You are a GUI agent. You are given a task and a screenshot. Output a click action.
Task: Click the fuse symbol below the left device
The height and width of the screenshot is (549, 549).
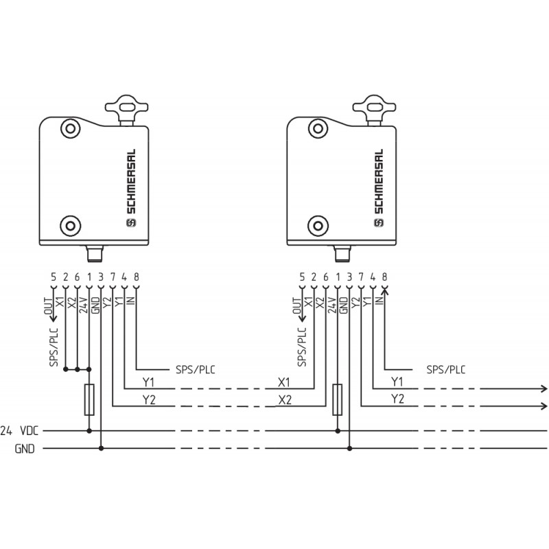pos(89,399)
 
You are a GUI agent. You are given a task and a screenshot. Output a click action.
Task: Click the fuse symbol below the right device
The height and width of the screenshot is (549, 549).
pos(337,399)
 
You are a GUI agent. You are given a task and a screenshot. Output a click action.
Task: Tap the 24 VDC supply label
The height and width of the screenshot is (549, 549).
pos(19,431)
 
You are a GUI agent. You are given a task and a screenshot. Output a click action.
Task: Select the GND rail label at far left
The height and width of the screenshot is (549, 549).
pos(25,449)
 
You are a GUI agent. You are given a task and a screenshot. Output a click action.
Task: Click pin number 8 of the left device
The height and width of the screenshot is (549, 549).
pos(136,277)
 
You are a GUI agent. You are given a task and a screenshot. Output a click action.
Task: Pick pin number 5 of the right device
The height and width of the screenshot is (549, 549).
pos(302,277)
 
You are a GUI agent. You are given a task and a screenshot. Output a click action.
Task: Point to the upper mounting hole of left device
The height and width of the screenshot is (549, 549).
pos(71,128)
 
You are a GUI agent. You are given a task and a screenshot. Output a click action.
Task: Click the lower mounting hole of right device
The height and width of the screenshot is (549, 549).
pos(318,226)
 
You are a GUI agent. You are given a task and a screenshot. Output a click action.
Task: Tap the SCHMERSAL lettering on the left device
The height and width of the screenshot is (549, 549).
pos(130,181)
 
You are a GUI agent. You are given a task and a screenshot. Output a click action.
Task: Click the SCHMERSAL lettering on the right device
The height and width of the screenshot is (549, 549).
pos(379,181)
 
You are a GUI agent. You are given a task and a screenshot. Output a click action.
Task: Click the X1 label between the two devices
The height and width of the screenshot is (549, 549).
pos(284,382)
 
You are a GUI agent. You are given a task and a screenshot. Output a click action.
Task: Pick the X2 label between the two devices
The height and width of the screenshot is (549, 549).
pos(285,400)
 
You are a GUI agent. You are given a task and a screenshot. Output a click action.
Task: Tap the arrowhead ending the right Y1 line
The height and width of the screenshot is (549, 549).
pos(544,388)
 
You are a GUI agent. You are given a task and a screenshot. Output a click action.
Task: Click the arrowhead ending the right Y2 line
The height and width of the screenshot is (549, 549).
pos(544,406)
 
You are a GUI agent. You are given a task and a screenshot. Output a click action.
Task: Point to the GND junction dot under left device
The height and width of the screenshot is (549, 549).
pos(101,448)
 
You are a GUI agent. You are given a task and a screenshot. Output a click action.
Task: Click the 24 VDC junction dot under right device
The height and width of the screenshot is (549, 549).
pos(338,431)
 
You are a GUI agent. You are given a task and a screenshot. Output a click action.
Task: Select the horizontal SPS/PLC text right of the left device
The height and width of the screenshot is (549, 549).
pos(196,370)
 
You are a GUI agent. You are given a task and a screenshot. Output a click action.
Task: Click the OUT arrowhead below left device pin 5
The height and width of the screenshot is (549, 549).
pos(54,318)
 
